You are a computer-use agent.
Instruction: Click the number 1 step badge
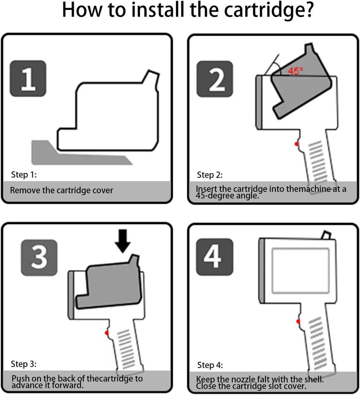28,78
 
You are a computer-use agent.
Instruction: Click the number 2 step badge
215,79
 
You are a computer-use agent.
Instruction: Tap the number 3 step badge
39,257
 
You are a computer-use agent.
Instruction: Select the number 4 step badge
215,257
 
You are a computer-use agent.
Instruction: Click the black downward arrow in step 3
123,241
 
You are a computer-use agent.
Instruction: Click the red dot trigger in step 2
297,144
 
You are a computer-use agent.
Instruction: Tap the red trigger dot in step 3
107,333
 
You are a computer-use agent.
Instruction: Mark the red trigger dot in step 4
298,321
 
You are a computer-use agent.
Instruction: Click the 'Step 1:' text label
24,175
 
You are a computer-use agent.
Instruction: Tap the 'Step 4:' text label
210,365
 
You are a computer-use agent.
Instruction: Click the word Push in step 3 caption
20,379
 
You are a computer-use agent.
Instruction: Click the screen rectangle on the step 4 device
301,271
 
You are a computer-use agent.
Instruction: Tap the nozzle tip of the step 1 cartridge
153,73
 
